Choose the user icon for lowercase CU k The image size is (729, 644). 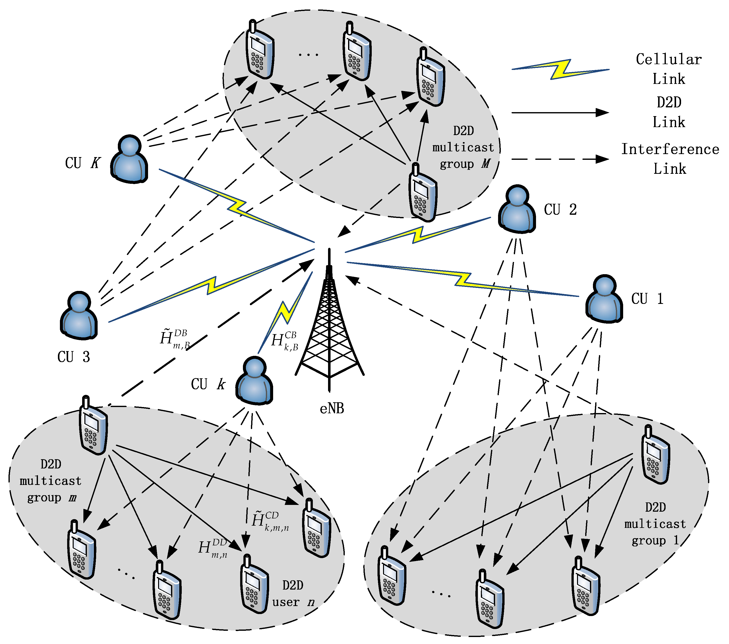[254, 381]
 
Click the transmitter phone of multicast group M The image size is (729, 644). [423, 193]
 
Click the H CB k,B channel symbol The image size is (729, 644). [284, 341]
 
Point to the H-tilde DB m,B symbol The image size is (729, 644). [175, 339]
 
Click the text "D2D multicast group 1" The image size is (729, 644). [655, 524]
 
